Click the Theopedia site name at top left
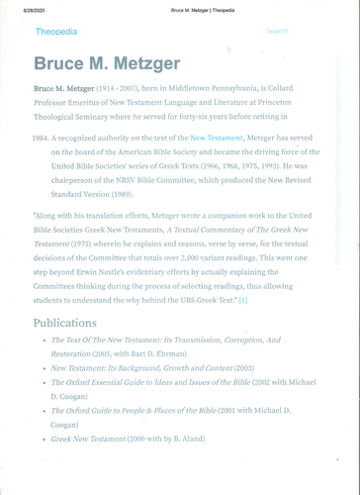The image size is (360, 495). point(54,32)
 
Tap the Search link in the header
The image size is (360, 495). point(277,32)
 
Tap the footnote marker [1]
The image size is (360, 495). point(243,299)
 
